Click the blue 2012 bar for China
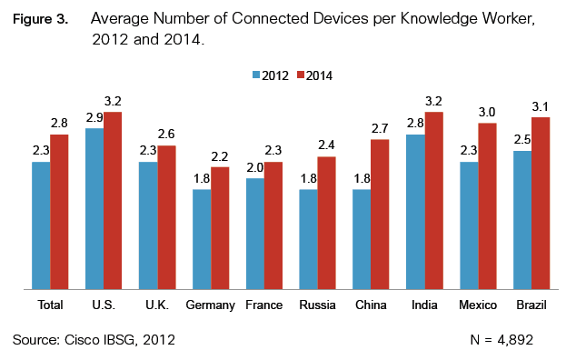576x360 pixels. (x=362, y=240)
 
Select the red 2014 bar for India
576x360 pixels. (x=433, y=201)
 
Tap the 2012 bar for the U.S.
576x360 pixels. (x=94, y=209)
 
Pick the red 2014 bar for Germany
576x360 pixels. (x=220, y=228)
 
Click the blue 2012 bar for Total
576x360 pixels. (x=41, y=225)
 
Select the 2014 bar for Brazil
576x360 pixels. (x=541, y=204)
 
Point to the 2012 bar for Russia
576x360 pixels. (x=308, y=240)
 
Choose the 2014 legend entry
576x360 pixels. (x=317, y=75)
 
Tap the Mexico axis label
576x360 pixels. (x=478, y=305)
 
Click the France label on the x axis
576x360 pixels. (x=263, y=305)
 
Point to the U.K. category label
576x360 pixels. (x=156, y=305)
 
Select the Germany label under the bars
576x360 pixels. (x=211, y=305)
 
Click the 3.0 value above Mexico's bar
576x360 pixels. (x=488, y=113)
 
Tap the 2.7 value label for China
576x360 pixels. (x=381, y=129)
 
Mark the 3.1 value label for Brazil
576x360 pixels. (x=541, y=107)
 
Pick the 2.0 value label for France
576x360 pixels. (x=255, y=168)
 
